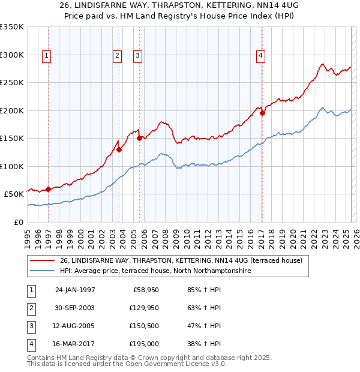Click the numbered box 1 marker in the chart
click(x=47, y=56)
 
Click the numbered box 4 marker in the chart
click(x=261, y=56)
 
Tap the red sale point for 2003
click(x=119, y=150)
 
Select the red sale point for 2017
click(x=262, y=113)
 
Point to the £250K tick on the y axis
click(x=12, y=83)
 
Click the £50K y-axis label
click(x=14, y=194)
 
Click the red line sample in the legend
click(x=42, y=260)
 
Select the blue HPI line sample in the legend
click(x=42, y=271)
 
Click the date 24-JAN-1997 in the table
click(x=75, y=290)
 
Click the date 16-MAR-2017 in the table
click(x=75, y=344)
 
